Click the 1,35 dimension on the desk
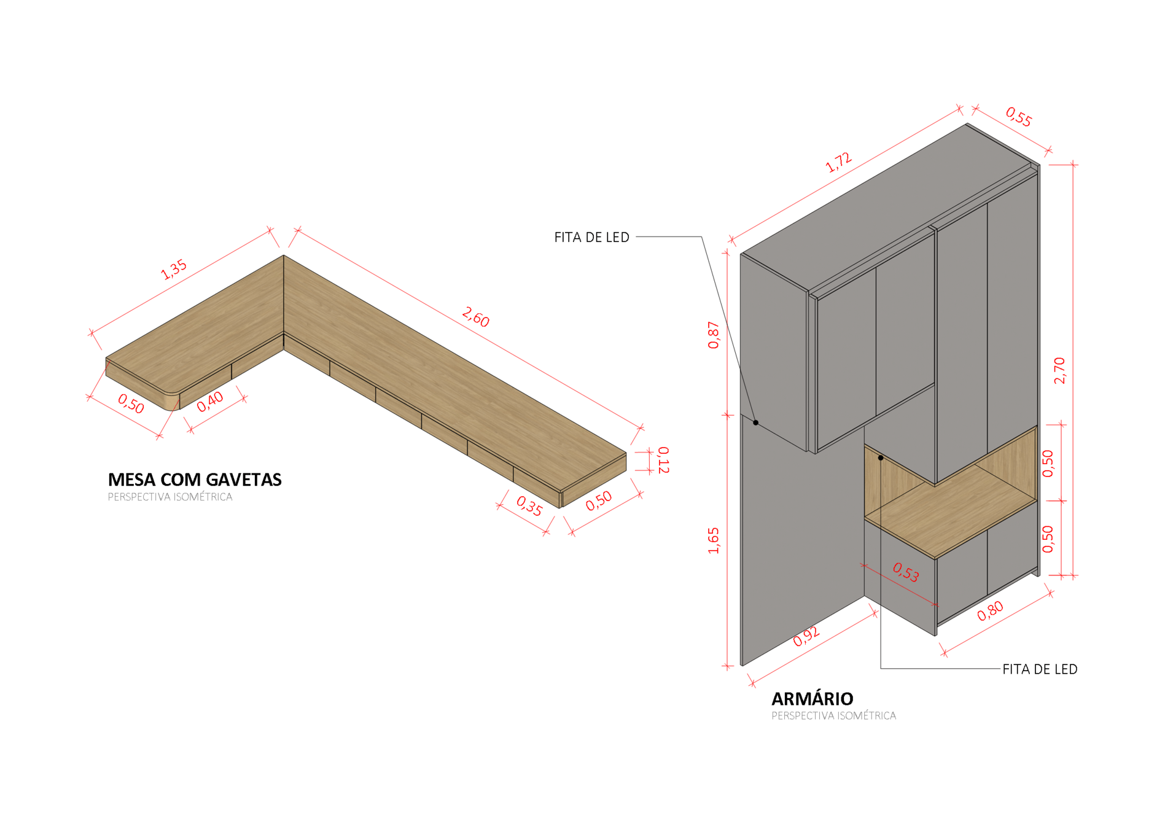[x=174, y=269]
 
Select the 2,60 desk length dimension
[x=475, y=317]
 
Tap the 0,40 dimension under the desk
[x=210, y=402]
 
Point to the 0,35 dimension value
[x=529, y=505]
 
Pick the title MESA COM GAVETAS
[x=195, y=480]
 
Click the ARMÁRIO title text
[x=812, y=699]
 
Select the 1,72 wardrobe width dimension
[x=838, y=162]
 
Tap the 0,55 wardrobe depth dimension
[x=1018, y=117]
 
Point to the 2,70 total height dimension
[x=1059, y=370]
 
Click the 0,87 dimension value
[x=714, y=335]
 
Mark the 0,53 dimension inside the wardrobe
[x=906, y=572]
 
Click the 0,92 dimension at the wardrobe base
[x=806, y=637]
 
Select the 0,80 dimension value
[x=990, y=610]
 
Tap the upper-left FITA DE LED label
[x=591, y=238]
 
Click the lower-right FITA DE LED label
[x=1040, y=669]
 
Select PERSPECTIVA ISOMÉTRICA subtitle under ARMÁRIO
[x=833, y=716]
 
